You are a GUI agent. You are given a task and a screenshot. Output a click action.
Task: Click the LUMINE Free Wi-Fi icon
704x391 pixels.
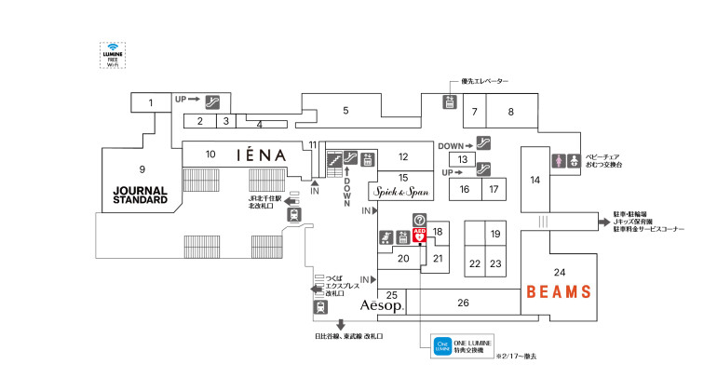pos(113,55)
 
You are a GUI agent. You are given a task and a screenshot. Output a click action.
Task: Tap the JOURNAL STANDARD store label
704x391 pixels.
pos(140,195)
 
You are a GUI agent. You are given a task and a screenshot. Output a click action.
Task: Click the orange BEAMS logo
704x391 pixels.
pos(559,291)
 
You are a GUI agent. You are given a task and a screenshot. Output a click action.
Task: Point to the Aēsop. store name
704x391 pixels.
pos(381,306)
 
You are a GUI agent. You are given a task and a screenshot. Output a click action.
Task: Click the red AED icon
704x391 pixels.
pos(420,235)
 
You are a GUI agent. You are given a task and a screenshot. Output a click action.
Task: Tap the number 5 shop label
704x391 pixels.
pos(345,111)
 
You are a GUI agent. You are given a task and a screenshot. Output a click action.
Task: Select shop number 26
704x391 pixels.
pos(463,303)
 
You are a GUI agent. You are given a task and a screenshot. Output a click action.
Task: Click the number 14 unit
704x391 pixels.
pos(535,180)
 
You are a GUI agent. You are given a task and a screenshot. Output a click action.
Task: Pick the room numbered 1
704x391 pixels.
pos(150,102)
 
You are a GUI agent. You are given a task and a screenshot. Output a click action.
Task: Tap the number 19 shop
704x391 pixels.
pos(496,233)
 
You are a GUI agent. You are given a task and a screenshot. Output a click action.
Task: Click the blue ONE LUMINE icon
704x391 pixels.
pos(441,347)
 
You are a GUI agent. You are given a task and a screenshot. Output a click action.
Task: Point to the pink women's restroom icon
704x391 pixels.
pos(559,160)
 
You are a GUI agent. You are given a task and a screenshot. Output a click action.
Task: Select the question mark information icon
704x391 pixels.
pos(420,220)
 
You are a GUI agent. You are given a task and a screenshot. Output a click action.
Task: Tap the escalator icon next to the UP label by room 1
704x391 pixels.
pos(212,99)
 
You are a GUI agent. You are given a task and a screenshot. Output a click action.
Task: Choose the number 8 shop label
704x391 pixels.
pos(510,112)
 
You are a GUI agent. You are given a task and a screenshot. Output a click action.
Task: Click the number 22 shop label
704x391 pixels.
pos(475,264)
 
